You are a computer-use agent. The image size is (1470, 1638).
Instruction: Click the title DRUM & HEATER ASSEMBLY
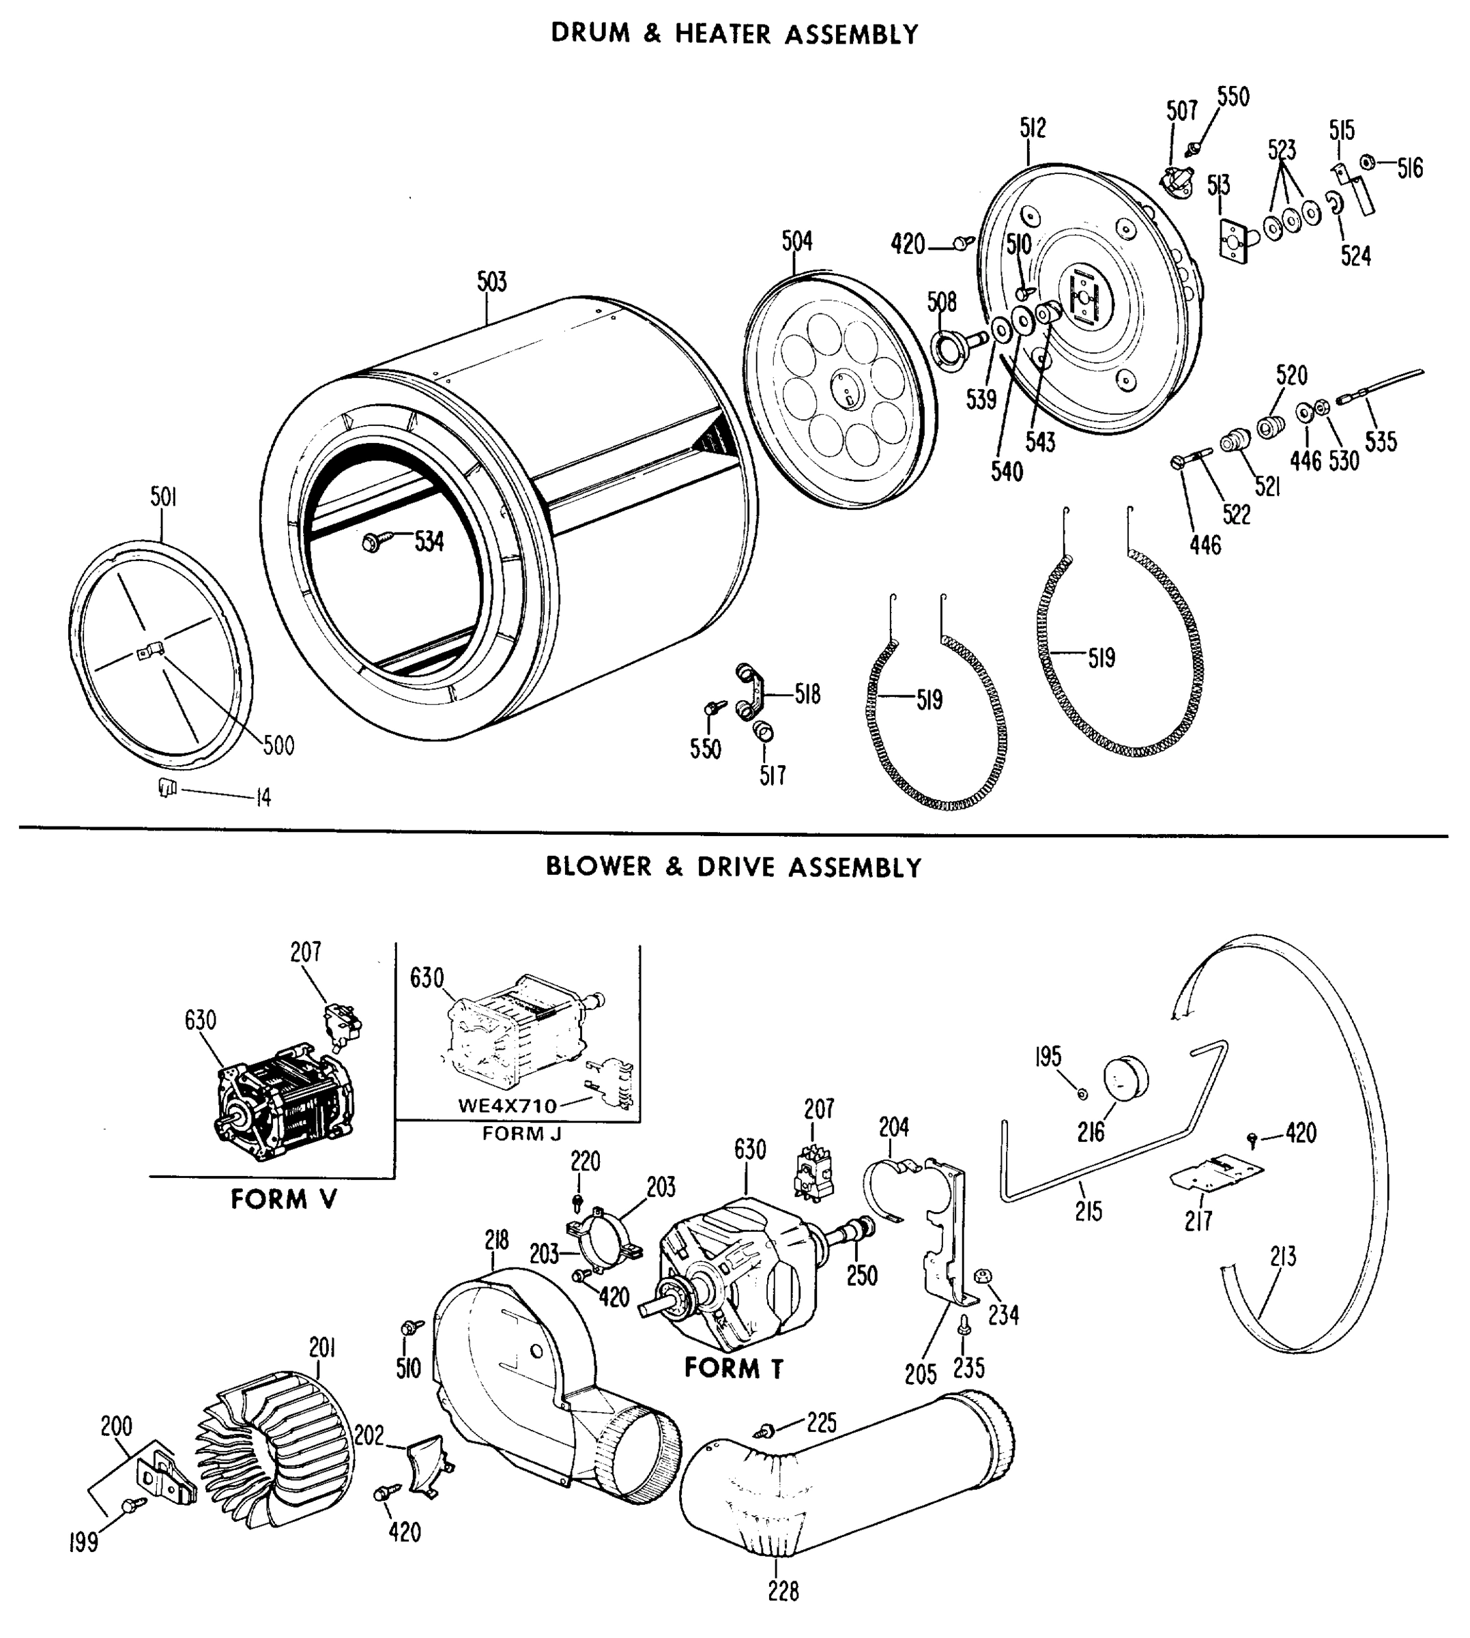tap(734, 34)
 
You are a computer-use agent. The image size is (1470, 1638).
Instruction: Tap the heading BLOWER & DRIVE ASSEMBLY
tap(734, 867)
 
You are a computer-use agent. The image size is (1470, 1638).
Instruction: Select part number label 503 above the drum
tap(491, 282)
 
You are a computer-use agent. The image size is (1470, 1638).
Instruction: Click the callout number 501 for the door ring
tap(163, 497)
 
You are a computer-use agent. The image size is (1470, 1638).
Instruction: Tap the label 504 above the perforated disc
tap(796, 241)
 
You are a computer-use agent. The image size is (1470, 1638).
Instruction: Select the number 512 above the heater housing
tap(1033, 128)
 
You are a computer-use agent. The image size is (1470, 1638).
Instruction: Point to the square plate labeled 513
tap(1236, 238)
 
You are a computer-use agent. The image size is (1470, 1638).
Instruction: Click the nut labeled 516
tap(1368, 162)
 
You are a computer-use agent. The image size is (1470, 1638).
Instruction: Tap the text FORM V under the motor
tap(283, 1199)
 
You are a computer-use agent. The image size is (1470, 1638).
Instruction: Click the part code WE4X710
tap(507, 1106)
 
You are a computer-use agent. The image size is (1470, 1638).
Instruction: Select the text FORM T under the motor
tap(734, 1368)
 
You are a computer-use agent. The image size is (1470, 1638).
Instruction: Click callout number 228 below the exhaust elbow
tap(783, 1591)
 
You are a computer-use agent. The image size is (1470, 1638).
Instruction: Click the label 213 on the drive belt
tap(1282, 1256)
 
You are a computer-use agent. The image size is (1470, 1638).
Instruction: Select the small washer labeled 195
tap(1082, 1093)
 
